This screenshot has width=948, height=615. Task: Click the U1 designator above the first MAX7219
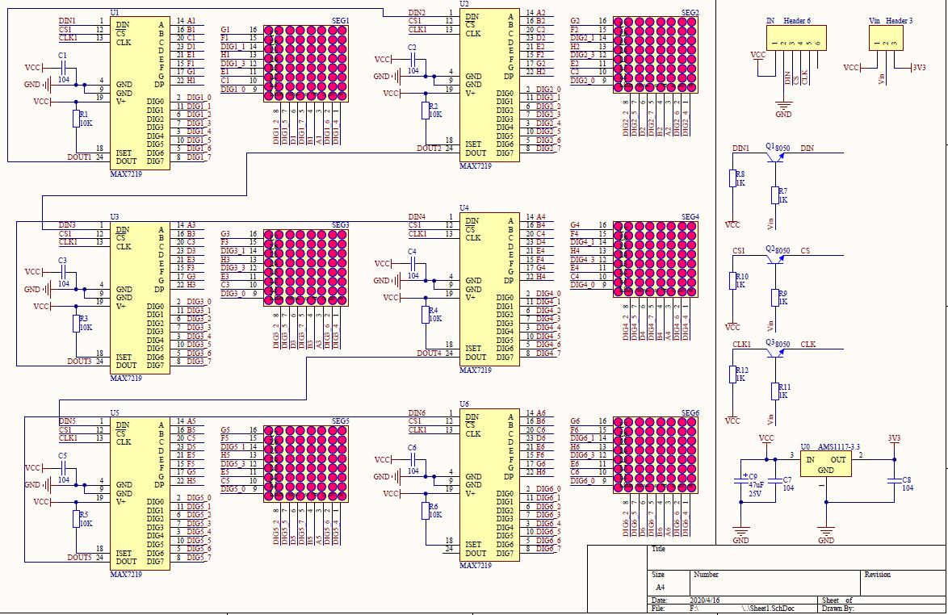[x=114, y=13]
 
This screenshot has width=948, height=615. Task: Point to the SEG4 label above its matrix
[x=690, y=217]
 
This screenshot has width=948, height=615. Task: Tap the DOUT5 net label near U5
[x=79, y=558]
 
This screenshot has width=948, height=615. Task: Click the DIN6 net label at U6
[x=417, y=413]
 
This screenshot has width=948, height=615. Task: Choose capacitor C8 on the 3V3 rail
[x=895, y=483]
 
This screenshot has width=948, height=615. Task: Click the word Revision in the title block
[x=877, y=575]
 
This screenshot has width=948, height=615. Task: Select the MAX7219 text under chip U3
[x=126, y=378]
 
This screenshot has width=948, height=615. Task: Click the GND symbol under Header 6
[x=782, y=108]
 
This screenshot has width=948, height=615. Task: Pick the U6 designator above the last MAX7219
[x=464, y=404]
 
